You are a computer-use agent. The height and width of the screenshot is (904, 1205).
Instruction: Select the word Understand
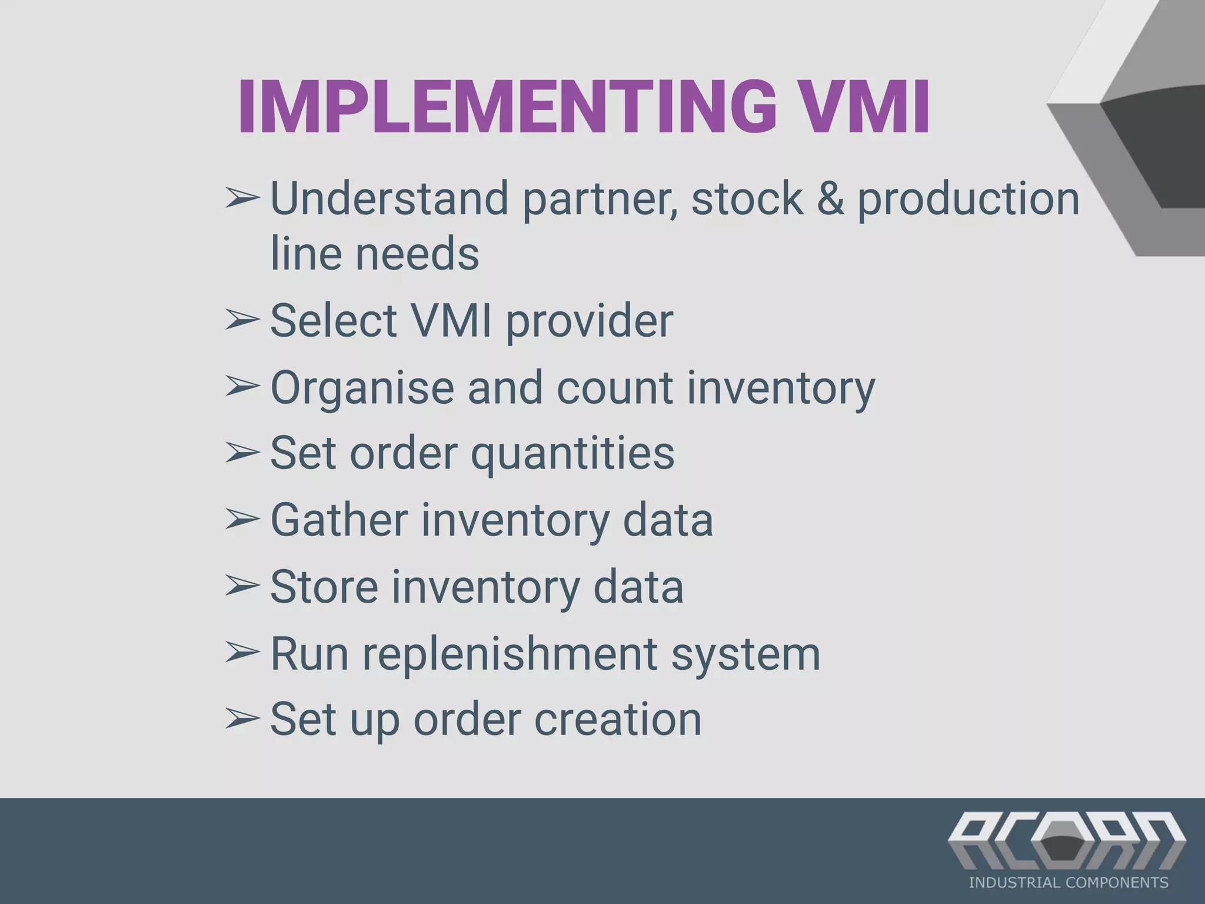(x=389, y=198)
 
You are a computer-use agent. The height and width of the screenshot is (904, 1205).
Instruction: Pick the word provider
(x=589, y=321)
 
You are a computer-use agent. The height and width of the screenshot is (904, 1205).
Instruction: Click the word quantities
(x=572, y=454)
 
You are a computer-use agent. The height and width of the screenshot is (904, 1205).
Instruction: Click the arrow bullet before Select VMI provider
(x=242, y=321)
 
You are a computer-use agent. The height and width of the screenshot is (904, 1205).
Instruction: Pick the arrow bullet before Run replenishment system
(x=242, y=653)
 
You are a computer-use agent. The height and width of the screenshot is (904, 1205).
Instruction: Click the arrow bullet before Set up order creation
(x=242, y=719)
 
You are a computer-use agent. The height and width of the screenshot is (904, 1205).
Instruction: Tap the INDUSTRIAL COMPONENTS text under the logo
(x=1068, y=883)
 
